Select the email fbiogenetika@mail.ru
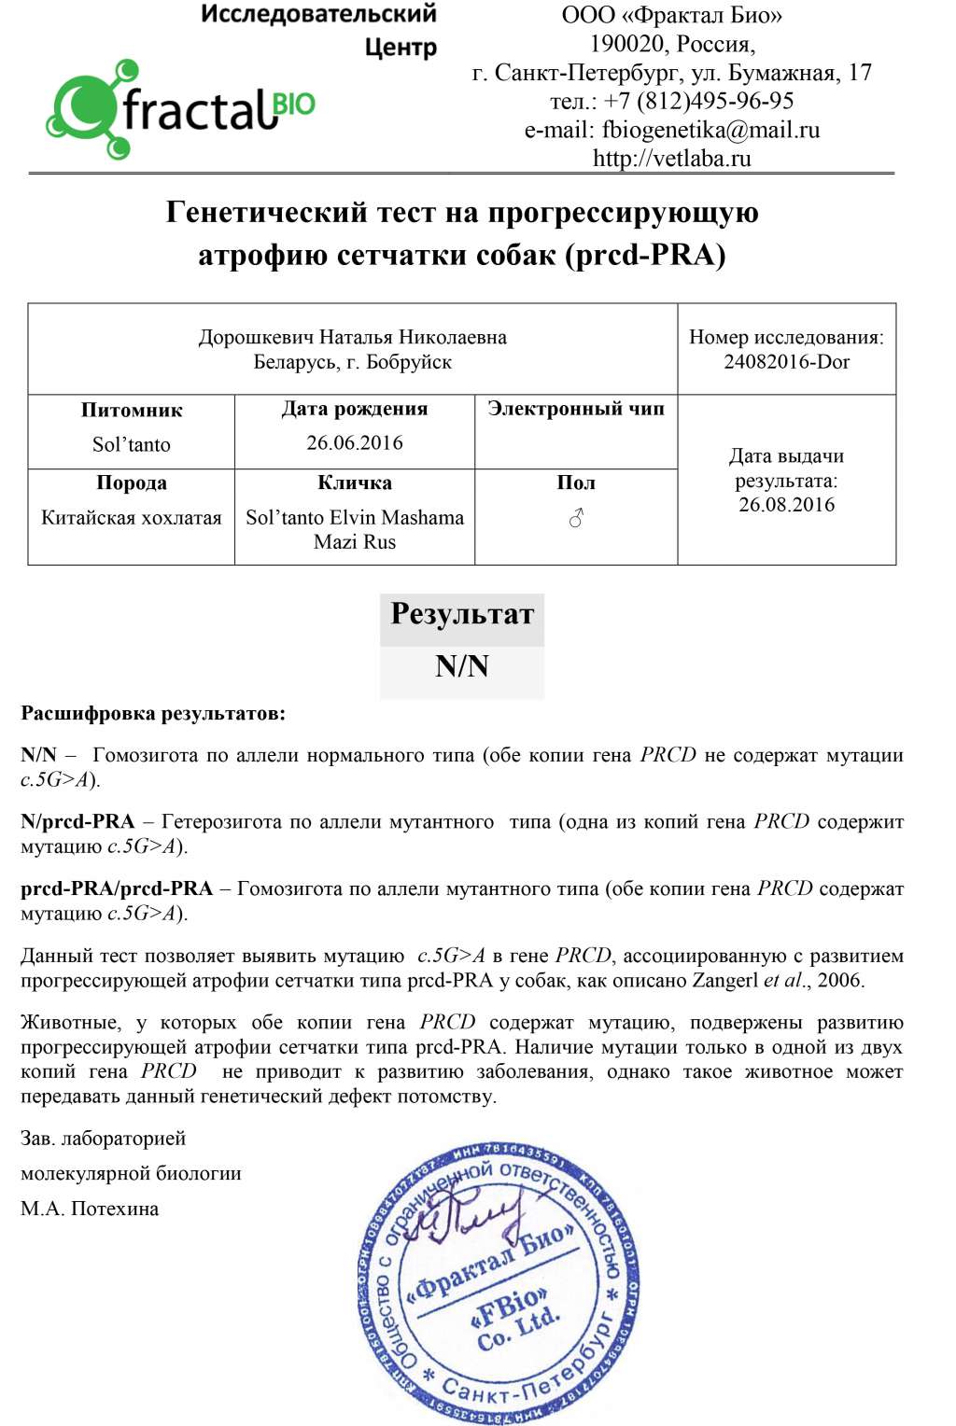point(710,130)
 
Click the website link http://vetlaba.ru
point(671,158)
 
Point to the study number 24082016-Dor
point(786,361)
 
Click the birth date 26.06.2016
point(355,442)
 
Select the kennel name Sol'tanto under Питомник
point(132,444)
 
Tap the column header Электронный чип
point(576,409)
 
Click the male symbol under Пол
point(576,518)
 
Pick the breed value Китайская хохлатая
point(132,517)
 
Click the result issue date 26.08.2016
point(786,505)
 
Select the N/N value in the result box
point(462,666)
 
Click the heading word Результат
point(462,614)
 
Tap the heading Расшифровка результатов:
point(153,714)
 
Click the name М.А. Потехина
point(90,1209)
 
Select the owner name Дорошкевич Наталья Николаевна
point(352,337)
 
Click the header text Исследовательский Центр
point(318,30)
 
